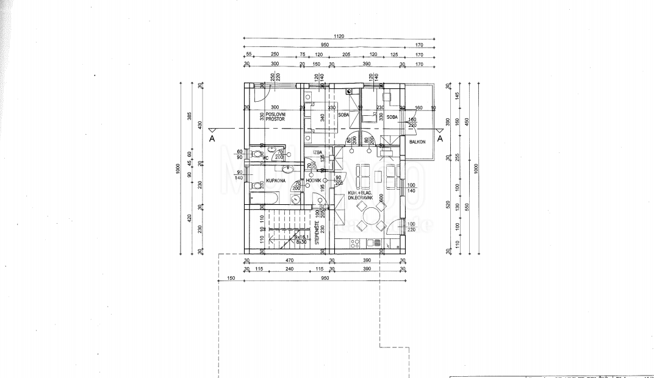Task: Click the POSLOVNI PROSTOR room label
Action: pos(276,117)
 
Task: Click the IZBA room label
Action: pos(317,153)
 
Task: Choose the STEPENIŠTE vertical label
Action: pos(317,231)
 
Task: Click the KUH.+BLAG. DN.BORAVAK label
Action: pos(360,195)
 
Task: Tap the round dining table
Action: pos(370,216)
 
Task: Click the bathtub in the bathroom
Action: pos(264,198)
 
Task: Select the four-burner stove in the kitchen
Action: pos(376,243)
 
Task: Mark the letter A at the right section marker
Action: pos(440,138)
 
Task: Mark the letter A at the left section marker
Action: pos(212,138)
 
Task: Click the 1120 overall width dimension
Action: pos(339,37)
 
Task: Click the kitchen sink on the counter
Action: pos(355,243)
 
